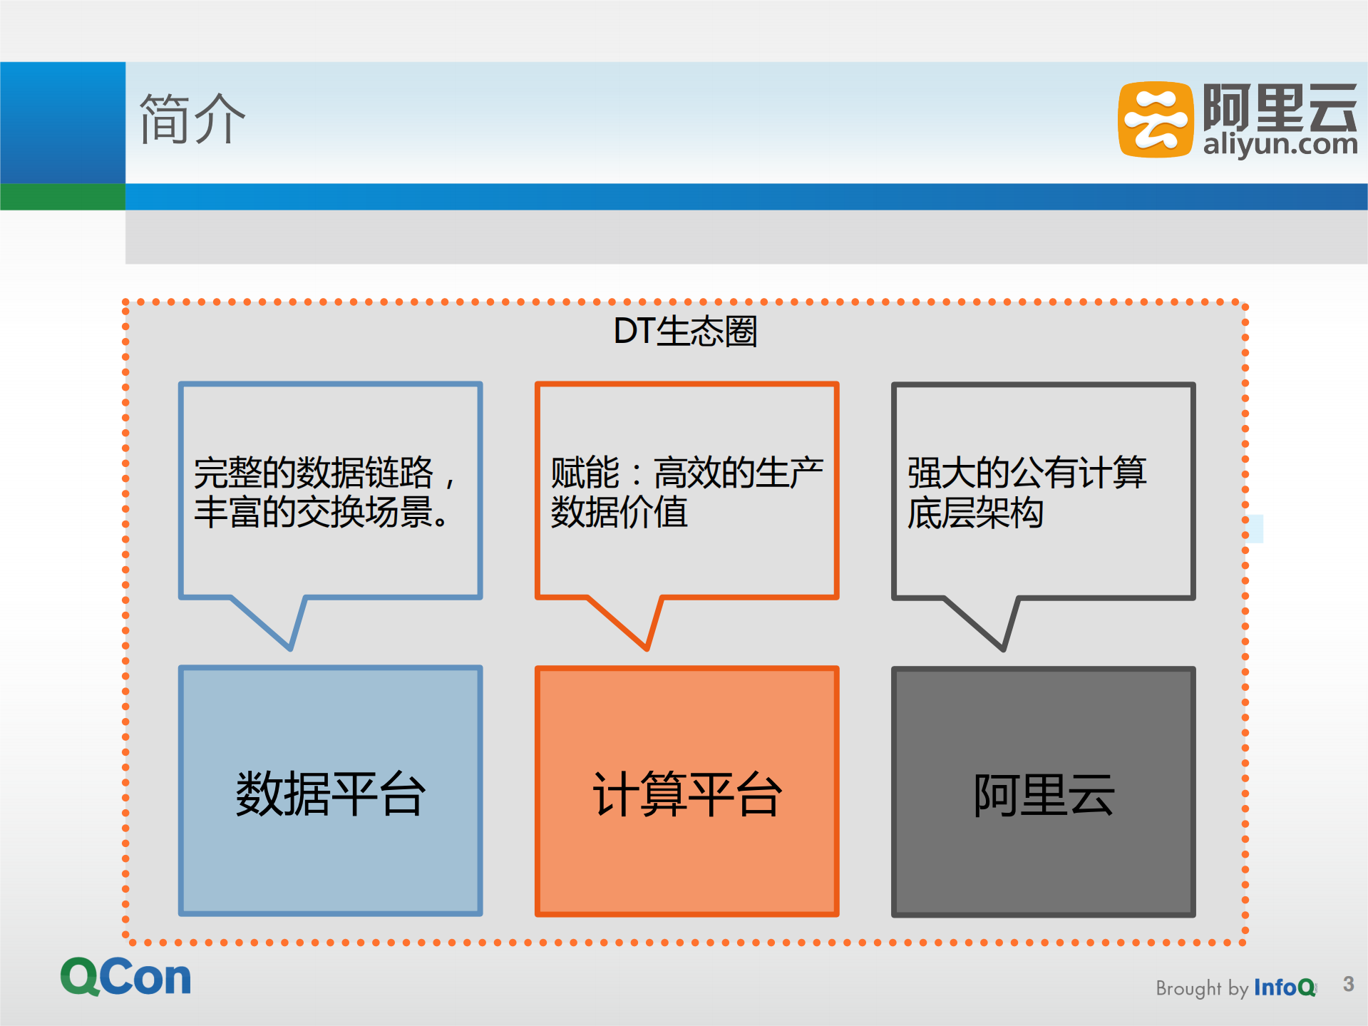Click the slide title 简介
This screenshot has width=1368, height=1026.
pos(192,119)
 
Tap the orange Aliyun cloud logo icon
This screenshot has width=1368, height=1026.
pos(1155,119)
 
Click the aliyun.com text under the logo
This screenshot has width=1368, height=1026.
pos(1280,145)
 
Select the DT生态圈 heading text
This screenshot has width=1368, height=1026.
pos(685,332)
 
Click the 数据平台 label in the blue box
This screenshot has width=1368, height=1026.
pos(331,794)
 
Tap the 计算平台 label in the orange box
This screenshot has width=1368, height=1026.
pos(687,794)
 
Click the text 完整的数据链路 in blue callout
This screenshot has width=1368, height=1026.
pos(314,472)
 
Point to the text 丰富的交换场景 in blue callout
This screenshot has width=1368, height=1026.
pos(314,512)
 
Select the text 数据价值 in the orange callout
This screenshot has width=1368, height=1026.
pos(619,512)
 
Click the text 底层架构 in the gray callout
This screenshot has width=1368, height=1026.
pos(974,513)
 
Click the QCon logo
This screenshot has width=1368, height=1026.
pos(126,977)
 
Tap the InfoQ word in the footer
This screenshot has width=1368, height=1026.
pos(1284,987)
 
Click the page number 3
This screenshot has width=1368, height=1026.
pos(1348,985)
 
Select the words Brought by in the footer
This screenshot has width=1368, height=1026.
pos(1201,988)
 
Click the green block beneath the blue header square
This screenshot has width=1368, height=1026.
pos(63,197)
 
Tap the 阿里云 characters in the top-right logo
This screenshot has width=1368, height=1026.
pos(1280,107)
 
